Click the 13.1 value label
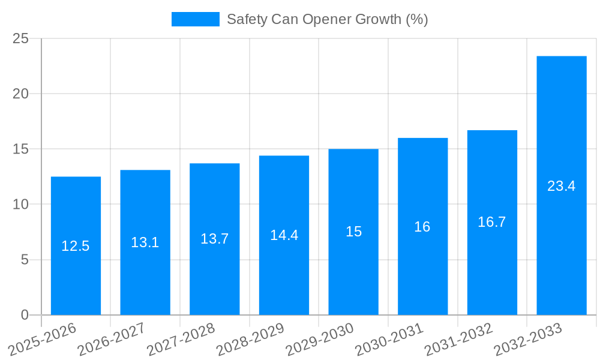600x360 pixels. point(145,242)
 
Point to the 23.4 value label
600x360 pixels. point(562,186)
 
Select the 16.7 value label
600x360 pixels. point(492,222)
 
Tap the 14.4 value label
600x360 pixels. point(284,235)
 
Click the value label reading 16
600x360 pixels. point(422,227)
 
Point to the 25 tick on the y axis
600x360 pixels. point(21,38)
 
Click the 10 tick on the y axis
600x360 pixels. point(21,205)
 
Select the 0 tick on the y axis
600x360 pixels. point(25,315)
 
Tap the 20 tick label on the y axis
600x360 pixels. point(21,94)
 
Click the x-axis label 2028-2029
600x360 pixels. point(250,339)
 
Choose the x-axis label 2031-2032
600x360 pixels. point(458,339)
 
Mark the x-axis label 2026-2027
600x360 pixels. point(112,339)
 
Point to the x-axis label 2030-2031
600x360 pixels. point(389,339)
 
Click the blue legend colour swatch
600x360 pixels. point(196,19)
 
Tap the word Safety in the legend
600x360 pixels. point(247,19)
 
